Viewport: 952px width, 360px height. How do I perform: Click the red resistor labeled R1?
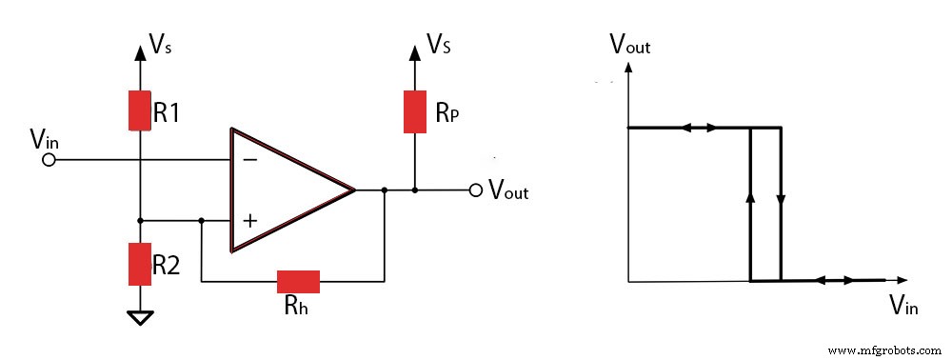[140, 110]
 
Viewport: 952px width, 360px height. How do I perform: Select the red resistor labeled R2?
[140, 264]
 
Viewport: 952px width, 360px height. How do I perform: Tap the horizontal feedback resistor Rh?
[298, 281]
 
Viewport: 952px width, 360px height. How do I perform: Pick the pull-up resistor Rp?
[415, 111]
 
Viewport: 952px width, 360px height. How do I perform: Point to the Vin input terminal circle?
[50, 160]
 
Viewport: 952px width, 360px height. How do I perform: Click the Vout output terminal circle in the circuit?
[476, 190]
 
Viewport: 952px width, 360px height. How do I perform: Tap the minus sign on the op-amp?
[249, 160]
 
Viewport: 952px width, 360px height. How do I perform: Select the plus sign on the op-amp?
[249, 221]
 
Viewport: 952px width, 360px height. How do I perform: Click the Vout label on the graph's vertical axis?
[629, 43]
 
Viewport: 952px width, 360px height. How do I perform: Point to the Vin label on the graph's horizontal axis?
[903, 305]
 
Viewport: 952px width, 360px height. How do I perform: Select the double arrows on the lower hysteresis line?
[837, 281]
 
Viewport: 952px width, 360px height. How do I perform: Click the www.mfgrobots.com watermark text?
[884, 350]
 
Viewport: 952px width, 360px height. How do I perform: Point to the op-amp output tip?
[354, 190]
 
